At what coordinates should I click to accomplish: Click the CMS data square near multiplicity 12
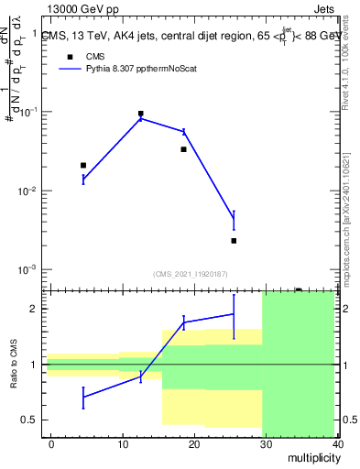[x=140, y=114]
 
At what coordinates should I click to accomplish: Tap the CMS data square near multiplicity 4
[x=83, y=165]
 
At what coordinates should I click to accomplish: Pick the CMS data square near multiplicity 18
[x=183, y=149]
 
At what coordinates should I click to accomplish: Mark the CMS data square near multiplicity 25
[x=234, y=241]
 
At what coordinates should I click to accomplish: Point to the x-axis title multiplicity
[x=311, y=457]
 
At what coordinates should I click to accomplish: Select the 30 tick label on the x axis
[x=265, y=443]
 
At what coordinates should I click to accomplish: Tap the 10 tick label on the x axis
[x=122, y=443]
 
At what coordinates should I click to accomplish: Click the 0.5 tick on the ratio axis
[x=29, y=420]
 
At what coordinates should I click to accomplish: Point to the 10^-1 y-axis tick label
[x=28, y=112]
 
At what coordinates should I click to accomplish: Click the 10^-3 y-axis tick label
[x=28, y=270]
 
